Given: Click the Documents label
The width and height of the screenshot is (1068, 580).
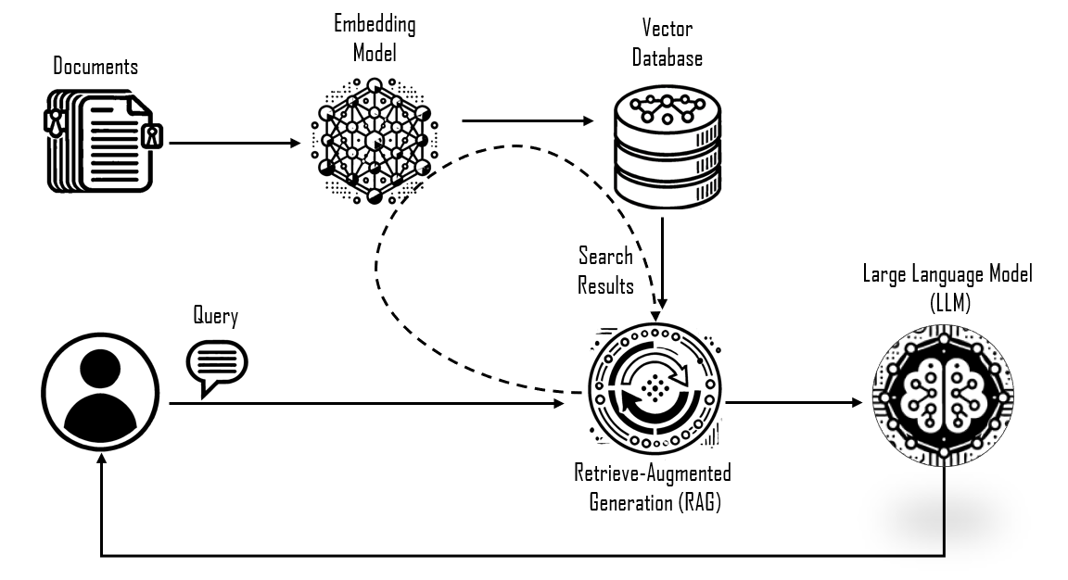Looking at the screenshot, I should point(95,67).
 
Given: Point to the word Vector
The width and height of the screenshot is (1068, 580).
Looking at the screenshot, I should point(667,30).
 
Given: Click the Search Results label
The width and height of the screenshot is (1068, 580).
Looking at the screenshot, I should point(605,270).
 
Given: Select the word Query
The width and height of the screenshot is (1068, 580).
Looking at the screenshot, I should point(215,317).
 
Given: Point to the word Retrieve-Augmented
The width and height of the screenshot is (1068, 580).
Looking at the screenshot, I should point(653,473).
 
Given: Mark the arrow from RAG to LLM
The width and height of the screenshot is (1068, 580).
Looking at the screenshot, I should point(794,403).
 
